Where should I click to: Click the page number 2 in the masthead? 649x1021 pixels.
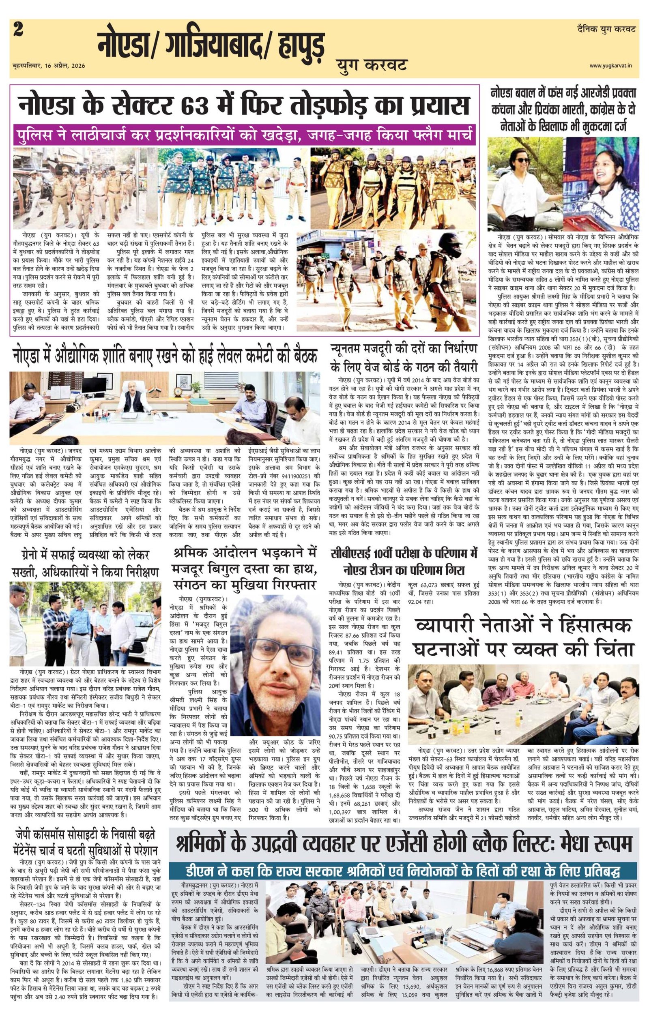pyautogui.click(x=19, y=31)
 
